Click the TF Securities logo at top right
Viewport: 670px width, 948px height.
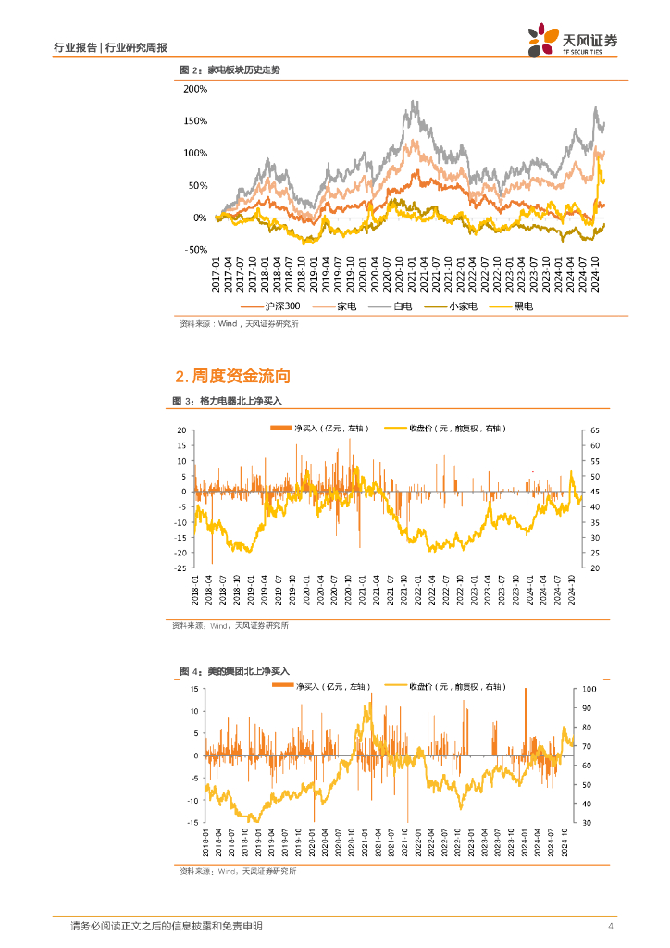572,41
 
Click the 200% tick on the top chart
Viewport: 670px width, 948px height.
193,89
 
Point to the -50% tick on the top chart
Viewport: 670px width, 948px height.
194,250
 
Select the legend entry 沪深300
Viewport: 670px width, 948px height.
272,306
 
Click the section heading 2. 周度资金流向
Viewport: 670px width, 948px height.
232,376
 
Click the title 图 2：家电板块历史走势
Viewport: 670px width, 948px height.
229,70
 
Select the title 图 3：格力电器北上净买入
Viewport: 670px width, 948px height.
227,401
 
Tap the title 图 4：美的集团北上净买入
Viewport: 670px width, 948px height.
234,670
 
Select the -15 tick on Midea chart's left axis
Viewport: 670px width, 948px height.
194,822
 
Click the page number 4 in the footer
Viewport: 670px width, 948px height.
610,927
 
